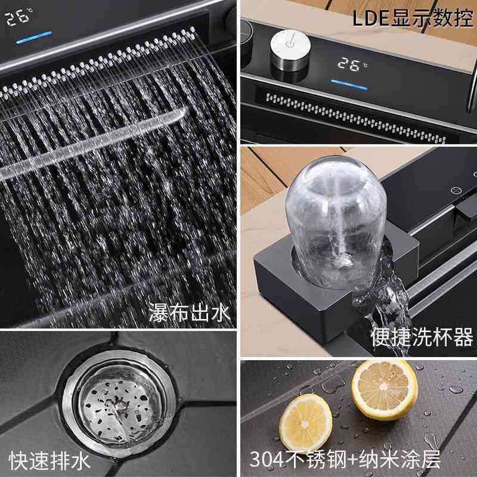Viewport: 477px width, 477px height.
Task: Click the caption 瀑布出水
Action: (189, 312)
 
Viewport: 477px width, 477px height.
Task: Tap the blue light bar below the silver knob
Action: (349, 84)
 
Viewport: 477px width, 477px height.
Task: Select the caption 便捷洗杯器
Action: (422, 337)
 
